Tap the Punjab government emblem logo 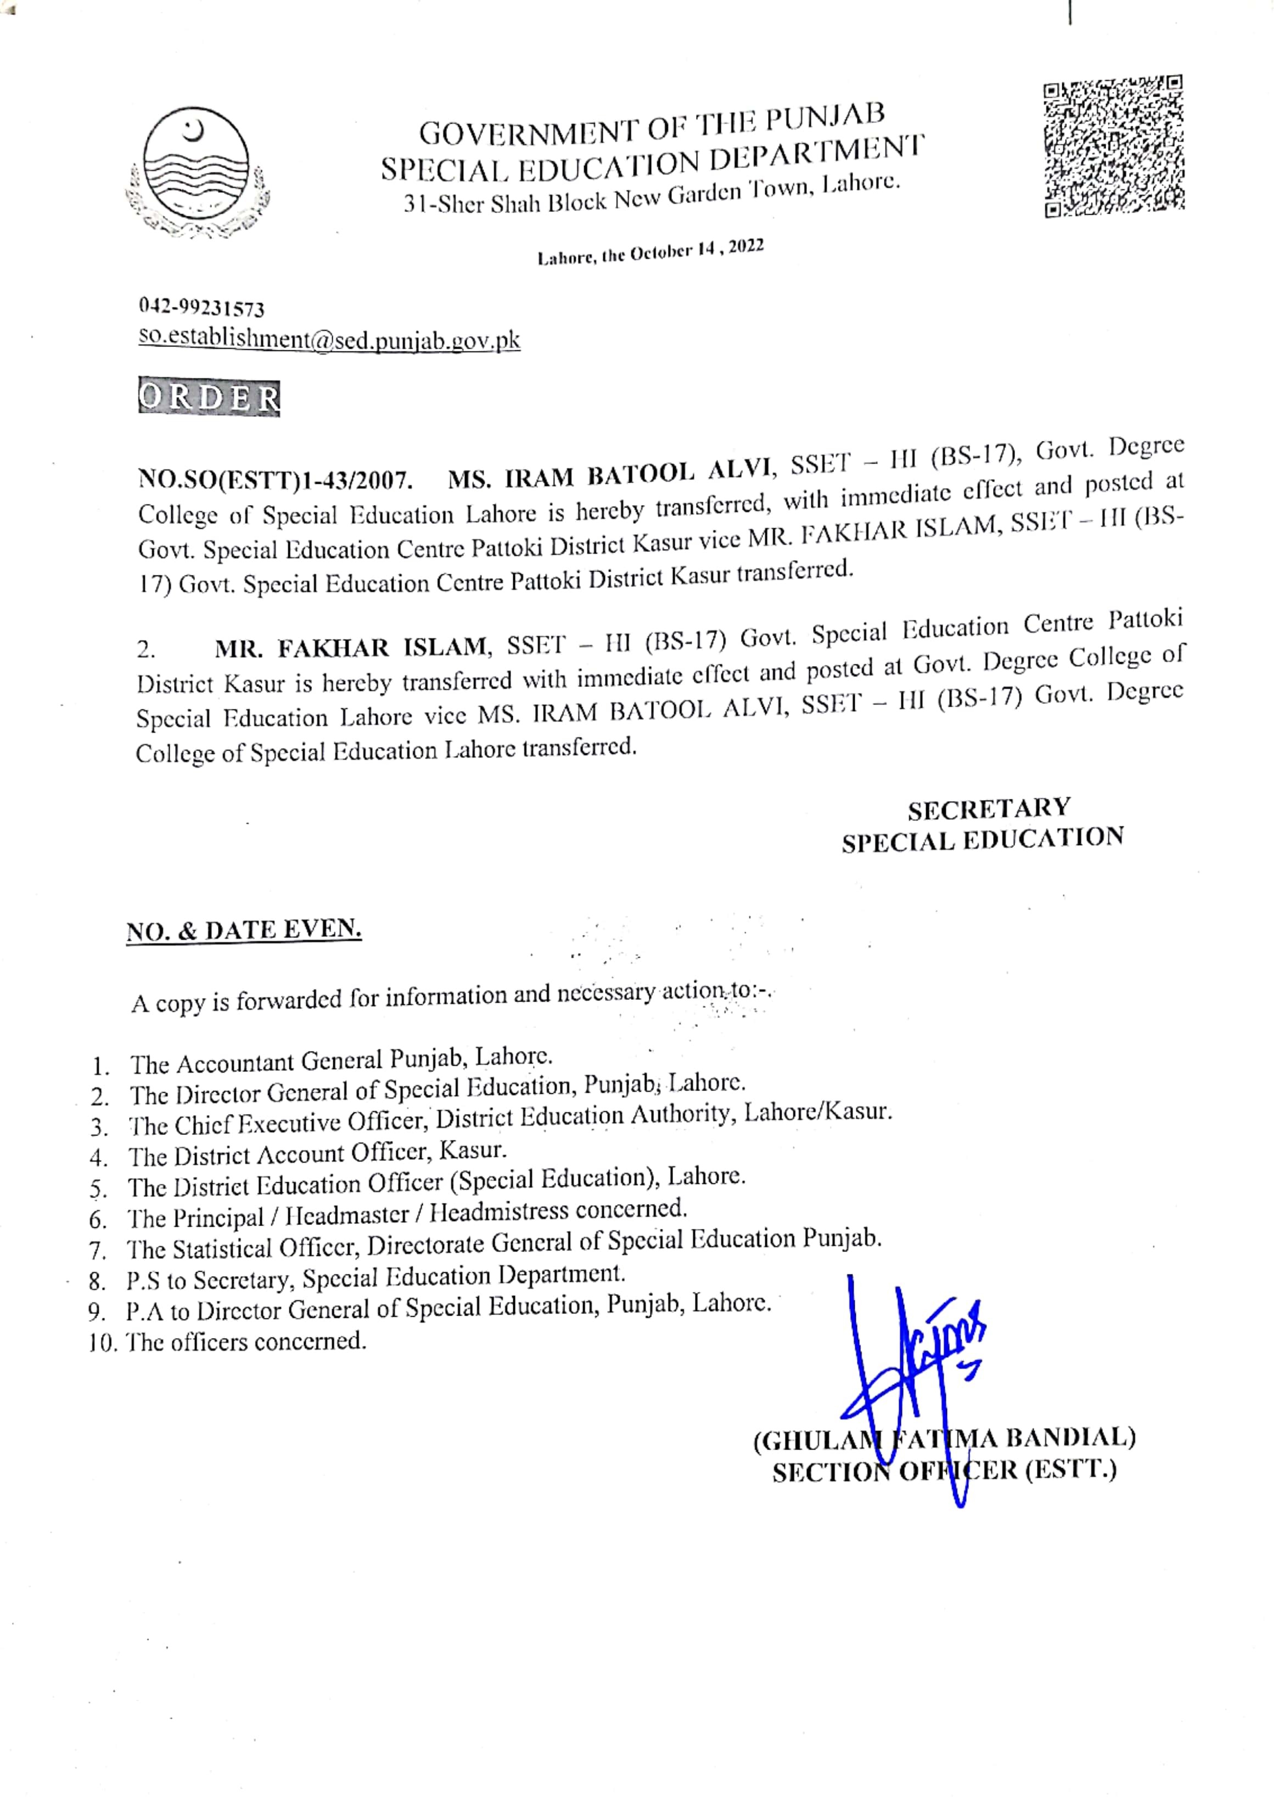click(196, 172)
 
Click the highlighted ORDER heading click(209, 398)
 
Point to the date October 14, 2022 click(650, 252)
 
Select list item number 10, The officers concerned click(228, 1341)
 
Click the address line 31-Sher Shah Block click(651, 194)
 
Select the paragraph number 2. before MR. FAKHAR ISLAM click(147, 650)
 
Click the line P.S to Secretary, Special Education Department click(374, 1278)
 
